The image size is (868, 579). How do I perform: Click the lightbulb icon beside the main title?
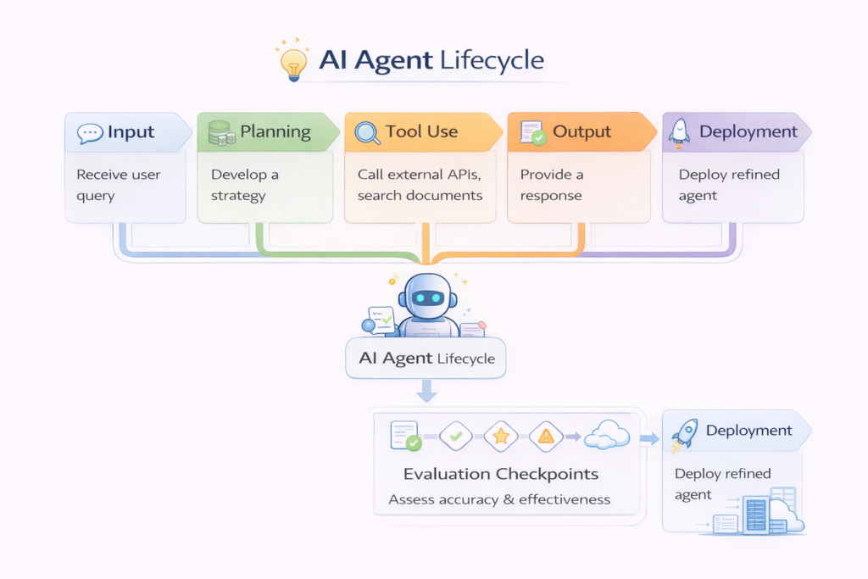[x=292, y=63]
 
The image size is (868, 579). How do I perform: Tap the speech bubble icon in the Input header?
[x=89, y=132]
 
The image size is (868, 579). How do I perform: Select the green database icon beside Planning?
[x=220, y=132]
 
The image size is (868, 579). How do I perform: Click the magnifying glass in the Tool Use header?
[x=366, y=132]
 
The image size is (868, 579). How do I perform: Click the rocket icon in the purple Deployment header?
[x=678, y=131]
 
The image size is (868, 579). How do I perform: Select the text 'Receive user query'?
[x=118, y=185]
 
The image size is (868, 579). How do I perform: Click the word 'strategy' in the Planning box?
[x=238, y=196]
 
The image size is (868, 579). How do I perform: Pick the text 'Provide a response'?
[x=552, y=185]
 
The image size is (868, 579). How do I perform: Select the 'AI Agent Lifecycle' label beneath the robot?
[x=426, y=358]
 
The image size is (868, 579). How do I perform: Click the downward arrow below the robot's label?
[x=427, y=391]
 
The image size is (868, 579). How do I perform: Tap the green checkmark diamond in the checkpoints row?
[x=455, y=436]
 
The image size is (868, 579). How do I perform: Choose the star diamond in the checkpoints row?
[x=501, y=436]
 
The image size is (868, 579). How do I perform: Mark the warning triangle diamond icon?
[x=546, y=436]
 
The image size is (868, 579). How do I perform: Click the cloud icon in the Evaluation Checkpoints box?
[x=607, y=436]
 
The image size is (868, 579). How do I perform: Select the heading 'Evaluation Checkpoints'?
[x=500, y=474]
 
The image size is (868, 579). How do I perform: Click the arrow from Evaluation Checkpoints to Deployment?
[x=649, y=438]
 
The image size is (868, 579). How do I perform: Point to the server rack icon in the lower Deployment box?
[x=757, y=514]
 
